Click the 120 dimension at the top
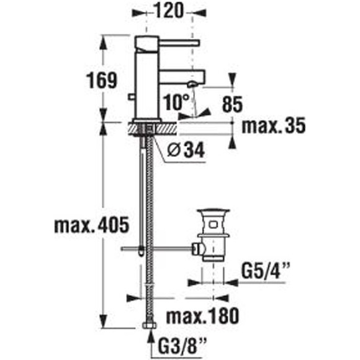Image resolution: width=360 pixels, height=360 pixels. pyautogui.click(x=169, y=10)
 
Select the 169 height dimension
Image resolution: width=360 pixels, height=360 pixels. pyautogui.click(x=101, y=80)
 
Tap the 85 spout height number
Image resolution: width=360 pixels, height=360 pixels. pyautogui.click(x=232, y=104)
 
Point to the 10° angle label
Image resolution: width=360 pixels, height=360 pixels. pyautogui.click(x=176, y=102)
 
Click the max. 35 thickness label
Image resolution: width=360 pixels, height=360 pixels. pyautogui.click(x=274, y=125)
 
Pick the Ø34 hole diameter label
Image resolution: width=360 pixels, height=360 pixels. pyautogui.click(x=186, y=150)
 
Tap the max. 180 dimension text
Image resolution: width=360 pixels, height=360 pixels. pyautogui.click(x=202, y=316)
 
